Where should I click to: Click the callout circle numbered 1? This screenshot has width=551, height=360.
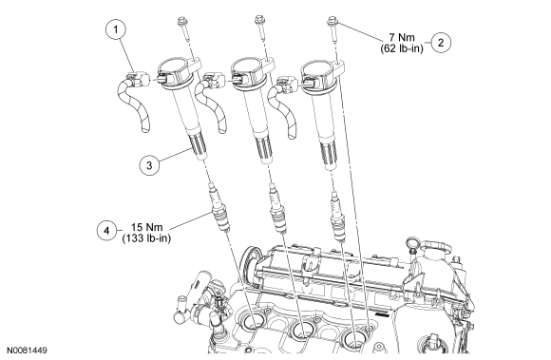tap(116, 29)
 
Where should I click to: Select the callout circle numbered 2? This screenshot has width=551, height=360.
tap(441, 43)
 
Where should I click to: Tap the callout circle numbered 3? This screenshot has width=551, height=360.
tap(149, 165)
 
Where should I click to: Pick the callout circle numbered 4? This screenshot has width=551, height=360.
tap(107, 231)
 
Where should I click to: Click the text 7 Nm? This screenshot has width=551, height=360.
tap(402, 37)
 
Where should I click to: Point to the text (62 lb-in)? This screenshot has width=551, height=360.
tap(402, 48)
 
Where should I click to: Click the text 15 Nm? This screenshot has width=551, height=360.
tap(147, 227)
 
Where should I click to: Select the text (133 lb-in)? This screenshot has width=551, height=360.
tap(146, 238)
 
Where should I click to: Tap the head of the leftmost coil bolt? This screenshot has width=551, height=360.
tap(182, 21)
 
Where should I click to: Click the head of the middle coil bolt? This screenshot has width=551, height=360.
tap(259, 20)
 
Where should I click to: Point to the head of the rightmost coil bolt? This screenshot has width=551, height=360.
tap(332, 21)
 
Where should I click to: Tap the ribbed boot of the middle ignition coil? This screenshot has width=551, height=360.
tap(263, 150)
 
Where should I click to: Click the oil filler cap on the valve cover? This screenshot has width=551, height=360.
tap(436, 249)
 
